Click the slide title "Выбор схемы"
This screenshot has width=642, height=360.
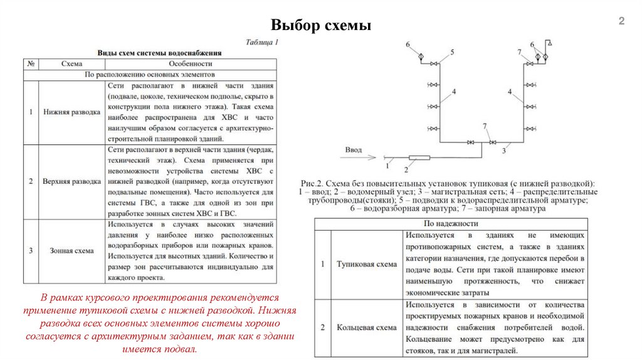tap(321, 26)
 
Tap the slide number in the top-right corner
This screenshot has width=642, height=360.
tap(622, 22)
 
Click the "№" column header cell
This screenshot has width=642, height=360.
tap(31, 63)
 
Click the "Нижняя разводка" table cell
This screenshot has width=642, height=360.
tap(71, 112)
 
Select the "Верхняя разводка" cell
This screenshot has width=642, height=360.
tap(71, 181)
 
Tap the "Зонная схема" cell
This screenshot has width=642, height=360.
tap(71, 250)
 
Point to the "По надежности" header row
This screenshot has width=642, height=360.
tap(451, 223)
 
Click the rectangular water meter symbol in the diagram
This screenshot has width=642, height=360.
tap(419, 157)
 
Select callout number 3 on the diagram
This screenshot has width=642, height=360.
tap(504, 151)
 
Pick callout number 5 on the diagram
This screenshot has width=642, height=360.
tap(451, 52)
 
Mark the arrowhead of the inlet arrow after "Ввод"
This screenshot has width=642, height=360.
tap(375, 157)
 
